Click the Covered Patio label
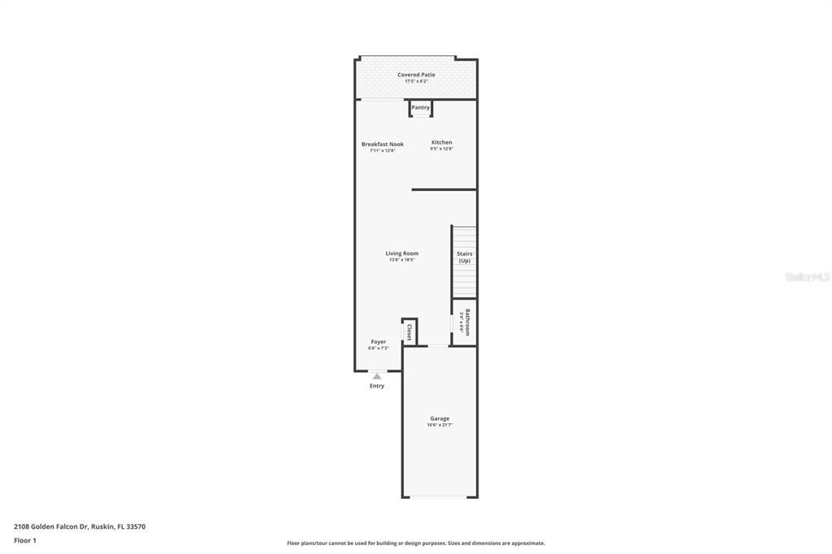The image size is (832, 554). (416, 75)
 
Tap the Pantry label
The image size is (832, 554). (420, 107)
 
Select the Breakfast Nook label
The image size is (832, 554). (382, 144)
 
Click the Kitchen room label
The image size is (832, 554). (441, 142)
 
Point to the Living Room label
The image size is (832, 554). (401, 253)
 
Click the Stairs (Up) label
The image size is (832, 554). (464, 257)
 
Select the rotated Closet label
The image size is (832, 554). (409, 331)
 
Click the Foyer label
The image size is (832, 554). (379, 342)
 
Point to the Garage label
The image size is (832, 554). (440, 418)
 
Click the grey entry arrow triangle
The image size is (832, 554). (377, 376)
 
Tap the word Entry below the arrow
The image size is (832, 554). (377, 386)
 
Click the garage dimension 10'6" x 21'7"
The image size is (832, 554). (440, 425)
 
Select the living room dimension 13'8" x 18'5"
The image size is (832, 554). (401, 260)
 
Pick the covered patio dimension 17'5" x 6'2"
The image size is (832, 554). (416, 81)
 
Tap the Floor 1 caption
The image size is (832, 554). (25, 540)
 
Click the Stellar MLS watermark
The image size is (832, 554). (807, 277)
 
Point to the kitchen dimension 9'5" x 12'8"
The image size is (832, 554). (441, 149)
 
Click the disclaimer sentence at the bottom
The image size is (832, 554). (415, 543)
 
